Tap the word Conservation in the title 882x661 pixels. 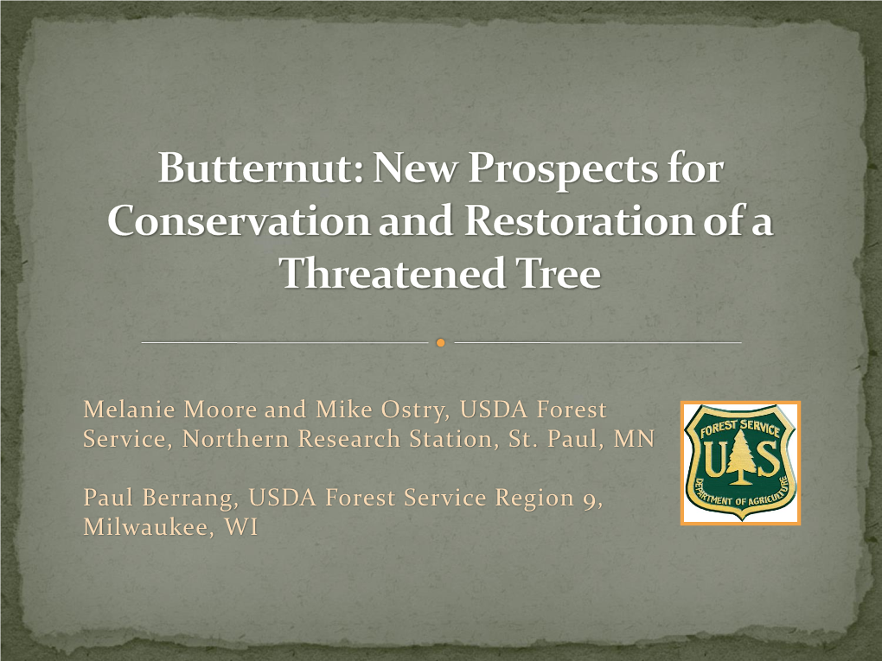tap(239, 220)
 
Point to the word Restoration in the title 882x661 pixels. tap(578, 220)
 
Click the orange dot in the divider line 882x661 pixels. tap(441, 342)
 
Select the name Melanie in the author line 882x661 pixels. tap(130, 410)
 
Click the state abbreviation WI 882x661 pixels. tap(241, 527)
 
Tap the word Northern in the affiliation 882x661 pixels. tap(235, 439)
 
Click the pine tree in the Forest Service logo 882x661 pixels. tap(739, 458)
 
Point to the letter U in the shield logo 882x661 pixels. tap(714, 459)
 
